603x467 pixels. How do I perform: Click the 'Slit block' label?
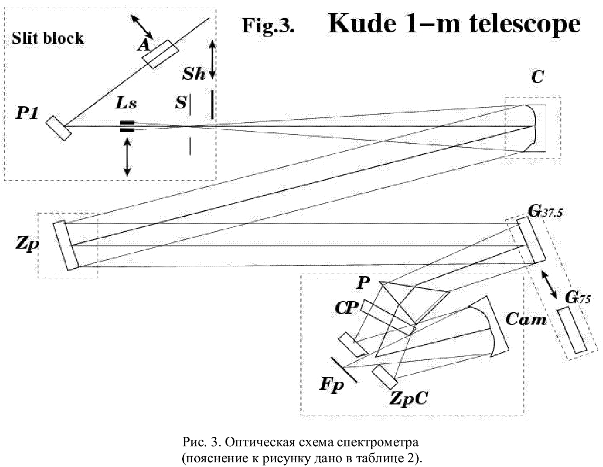(47, 38)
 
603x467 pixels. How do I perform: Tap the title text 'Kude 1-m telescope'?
(454, 23)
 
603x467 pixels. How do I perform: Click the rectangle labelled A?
(160, 54)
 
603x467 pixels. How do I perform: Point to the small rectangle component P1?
(58, 128)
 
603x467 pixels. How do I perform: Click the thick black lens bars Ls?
(127, 126)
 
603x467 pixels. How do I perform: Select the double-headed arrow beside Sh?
(212, 60)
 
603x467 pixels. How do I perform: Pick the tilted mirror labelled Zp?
(66, 245)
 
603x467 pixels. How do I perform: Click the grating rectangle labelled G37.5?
(531, 240)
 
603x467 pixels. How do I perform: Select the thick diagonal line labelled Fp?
(344, 370)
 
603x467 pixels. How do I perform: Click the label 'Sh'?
(194, 73)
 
